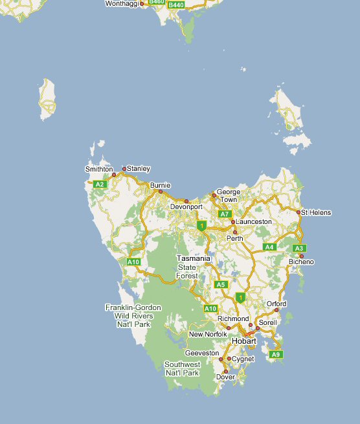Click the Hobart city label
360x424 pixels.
pos(244,340)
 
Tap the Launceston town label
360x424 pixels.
pos(254,221)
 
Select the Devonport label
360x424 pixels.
pos(186,207)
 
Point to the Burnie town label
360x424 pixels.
pos(160,185)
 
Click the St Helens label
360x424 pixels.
pos(316,212)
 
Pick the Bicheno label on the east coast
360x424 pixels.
pos(301,262)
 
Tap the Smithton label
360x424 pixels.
pos(99,169)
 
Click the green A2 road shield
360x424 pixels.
pos(100,184)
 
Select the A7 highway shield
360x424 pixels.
pos(225,214)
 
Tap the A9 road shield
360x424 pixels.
pos(276,354)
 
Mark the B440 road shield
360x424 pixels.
pos(175,5)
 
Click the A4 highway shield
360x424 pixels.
pos(270,247)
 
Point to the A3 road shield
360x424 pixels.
pos(298,248)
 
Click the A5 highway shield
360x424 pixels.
pos(221,284)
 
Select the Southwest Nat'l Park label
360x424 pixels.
pos(182,368)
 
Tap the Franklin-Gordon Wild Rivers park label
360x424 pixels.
pos(133,315)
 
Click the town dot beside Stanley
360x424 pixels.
pos(124,168)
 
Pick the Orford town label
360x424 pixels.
pos(276,303)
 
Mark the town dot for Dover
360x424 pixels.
pos(225,371)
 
